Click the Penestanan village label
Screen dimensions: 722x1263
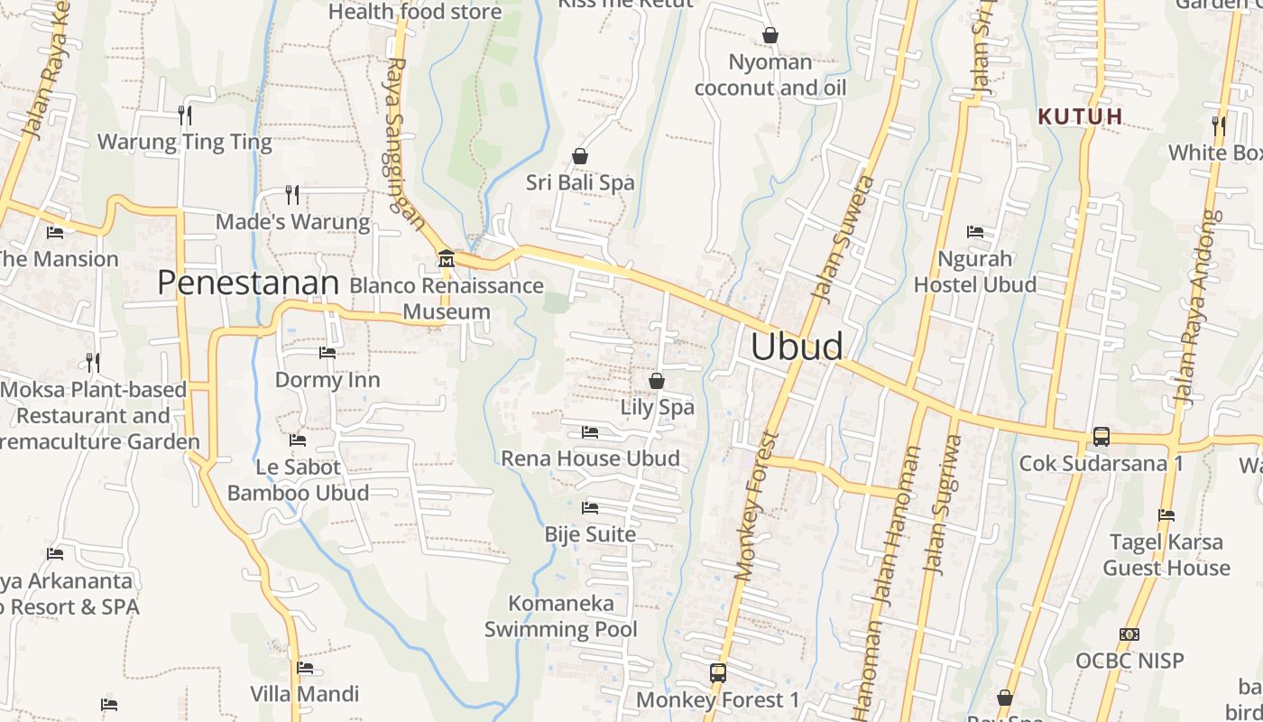[x=248, y=282]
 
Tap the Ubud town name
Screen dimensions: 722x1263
[x=797, y=347]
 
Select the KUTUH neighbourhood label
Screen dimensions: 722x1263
[x=1080, y=116]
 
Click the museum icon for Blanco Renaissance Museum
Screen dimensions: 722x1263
[x=446, y=259]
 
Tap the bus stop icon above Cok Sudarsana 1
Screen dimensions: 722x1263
[x=1101, y=437]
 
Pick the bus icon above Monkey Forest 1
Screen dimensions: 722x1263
[x=718, y=673]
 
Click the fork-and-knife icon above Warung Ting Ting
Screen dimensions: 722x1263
[x=185, y=115]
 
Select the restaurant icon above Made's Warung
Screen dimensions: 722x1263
[x=292, y=194]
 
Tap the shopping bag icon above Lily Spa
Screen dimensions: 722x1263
[x=657, y=381]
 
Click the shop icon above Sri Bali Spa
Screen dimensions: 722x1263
[x=580, y=156]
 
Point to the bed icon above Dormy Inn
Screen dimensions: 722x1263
[x=327, y=353]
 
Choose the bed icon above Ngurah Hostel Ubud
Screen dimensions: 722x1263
[x=974, y=232]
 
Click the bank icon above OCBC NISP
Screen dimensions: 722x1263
[x=1129, y=634]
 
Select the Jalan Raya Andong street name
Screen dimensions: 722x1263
[x=1199, y=310]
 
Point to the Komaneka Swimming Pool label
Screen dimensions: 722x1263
[x=561, y=616]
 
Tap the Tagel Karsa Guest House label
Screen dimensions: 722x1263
[x=1166, y=555]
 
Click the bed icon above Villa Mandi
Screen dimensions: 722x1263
[x=305, y=669]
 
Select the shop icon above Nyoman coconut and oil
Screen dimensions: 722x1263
[x=770, y=36]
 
